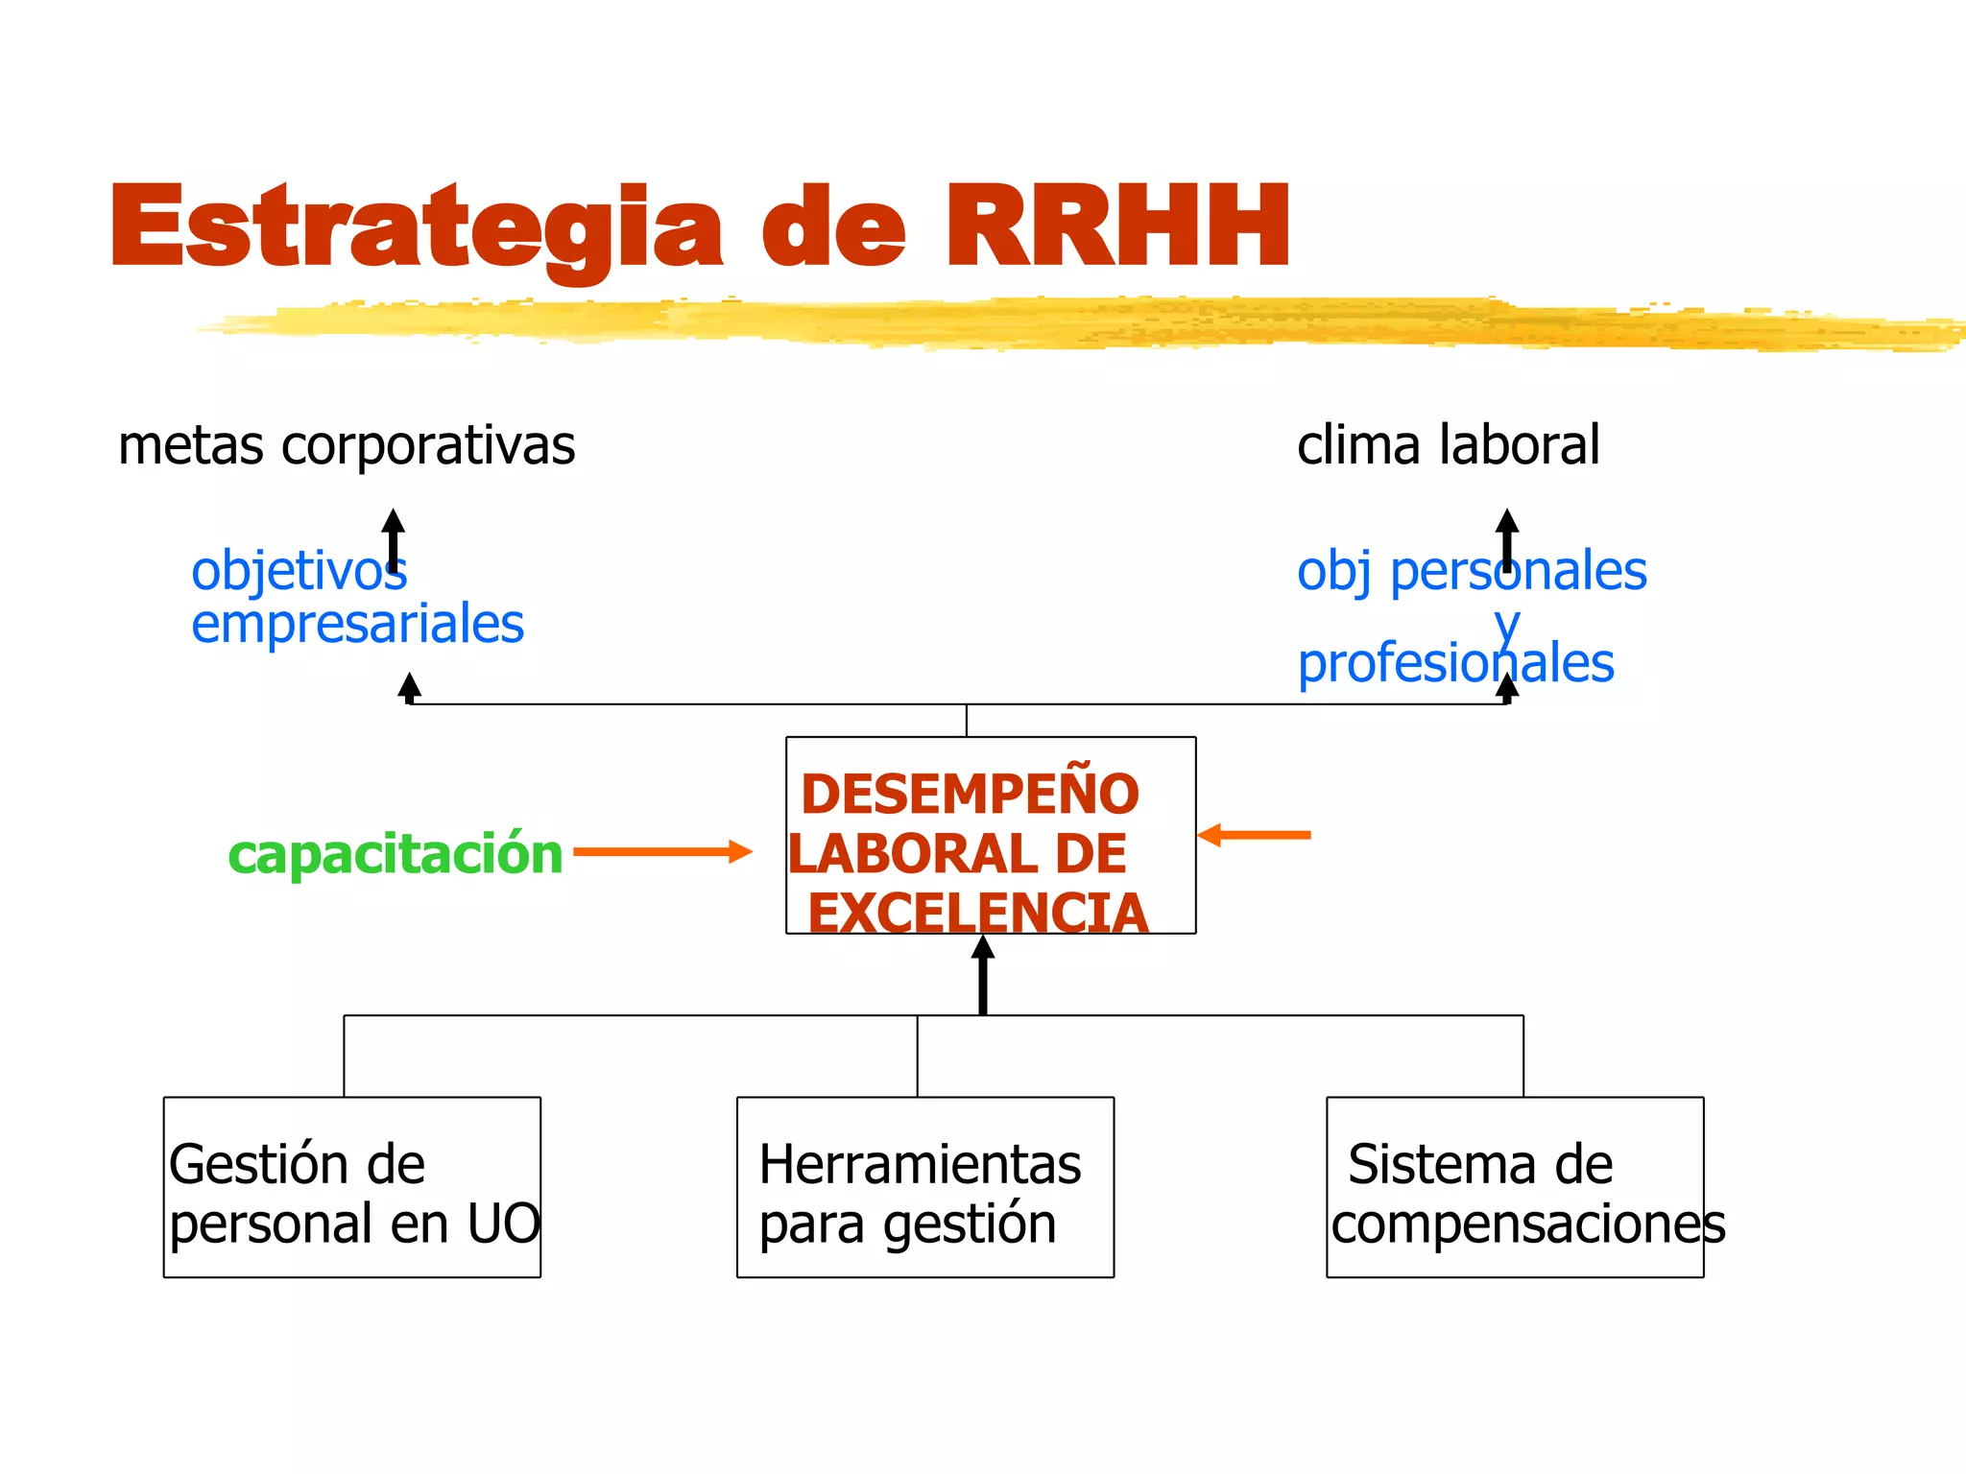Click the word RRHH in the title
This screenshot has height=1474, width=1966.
point(1118,226)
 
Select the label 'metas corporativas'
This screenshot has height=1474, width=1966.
point(347,445)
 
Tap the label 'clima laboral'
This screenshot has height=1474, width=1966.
point(1448,445)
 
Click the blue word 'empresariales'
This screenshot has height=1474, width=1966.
point(357,625)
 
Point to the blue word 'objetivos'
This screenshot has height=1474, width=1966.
point(298,571)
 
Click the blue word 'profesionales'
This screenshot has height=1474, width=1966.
point(1455,664)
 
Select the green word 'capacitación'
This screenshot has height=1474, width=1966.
point(395,853)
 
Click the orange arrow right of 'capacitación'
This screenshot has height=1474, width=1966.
point(662,851)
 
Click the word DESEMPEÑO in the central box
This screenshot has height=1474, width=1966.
point(970,795)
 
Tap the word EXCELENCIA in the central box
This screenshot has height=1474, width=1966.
point(977,913)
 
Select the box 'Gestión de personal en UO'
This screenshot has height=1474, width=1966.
point(352,1187)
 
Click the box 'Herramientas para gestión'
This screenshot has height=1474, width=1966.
point(924,1187)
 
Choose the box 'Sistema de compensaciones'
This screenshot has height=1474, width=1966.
point(1515,1187)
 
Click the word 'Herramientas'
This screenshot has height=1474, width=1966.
point(920,1165)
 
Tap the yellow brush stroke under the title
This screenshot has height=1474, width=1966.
point(1056,323)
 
